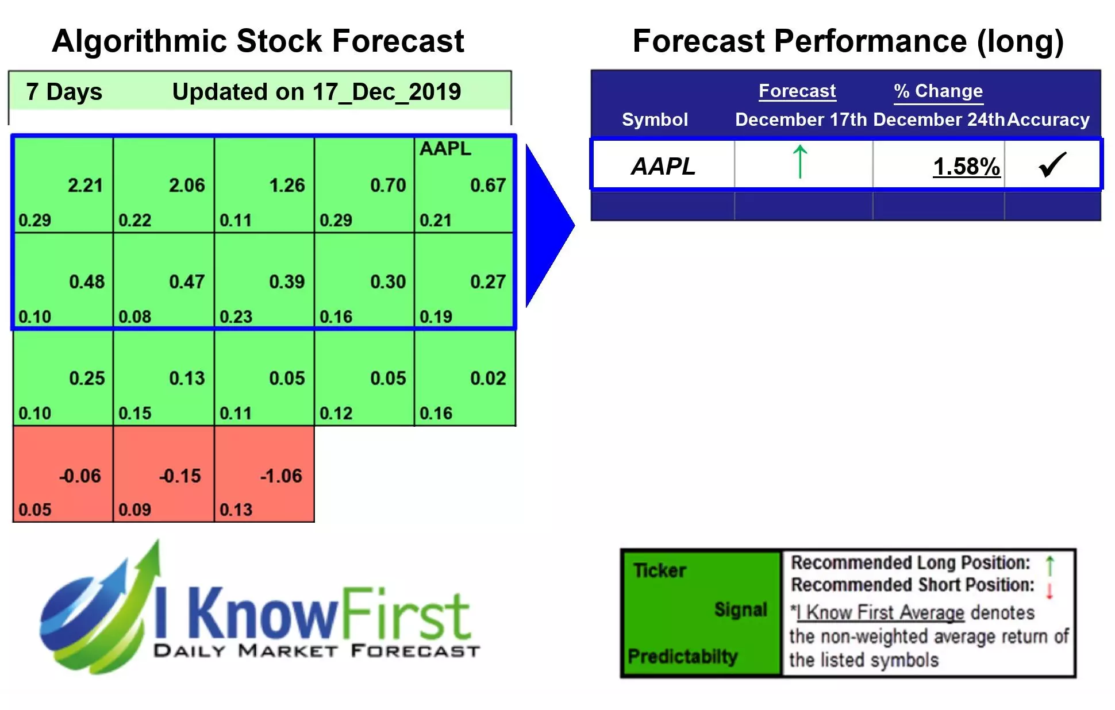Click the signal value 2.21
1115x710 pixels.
[85, 186]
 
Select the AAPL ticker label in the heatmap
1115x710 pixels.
[445, 149]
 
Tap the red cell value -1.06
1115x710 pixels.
[280, 476]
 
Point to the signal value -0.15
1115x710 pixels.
[180, 476]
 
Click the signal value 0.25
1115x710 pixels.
[87, 379]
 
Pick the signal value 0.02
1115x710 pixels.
[488, 379]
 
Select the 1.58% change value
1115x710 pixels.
[966, 167]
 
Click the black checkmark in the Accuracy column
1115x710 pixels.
[1052, 165]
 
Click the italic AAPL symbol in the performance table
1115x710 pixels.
[663, 167]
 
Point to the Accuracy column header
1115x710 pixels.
[1048, 119]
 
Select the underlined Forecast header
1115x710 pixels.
[797, 91]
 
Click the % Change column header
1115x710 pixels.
[938, 91]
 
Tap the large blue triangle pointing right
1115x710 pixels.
[546, 225]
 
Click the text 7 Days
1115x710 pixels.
[64, 92]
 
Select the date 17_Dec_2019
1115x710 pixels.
[387, 92]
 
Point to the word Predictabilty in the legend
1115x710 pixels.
[682, 656]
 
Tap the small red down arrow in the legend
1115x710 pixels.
[1049, 591]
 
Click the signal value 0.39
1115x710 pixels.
[287, 282]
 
